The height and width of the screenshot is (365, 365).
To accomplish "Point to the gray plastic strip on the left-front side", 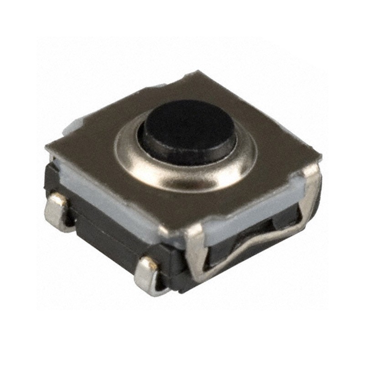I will (x=114, y=201).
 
